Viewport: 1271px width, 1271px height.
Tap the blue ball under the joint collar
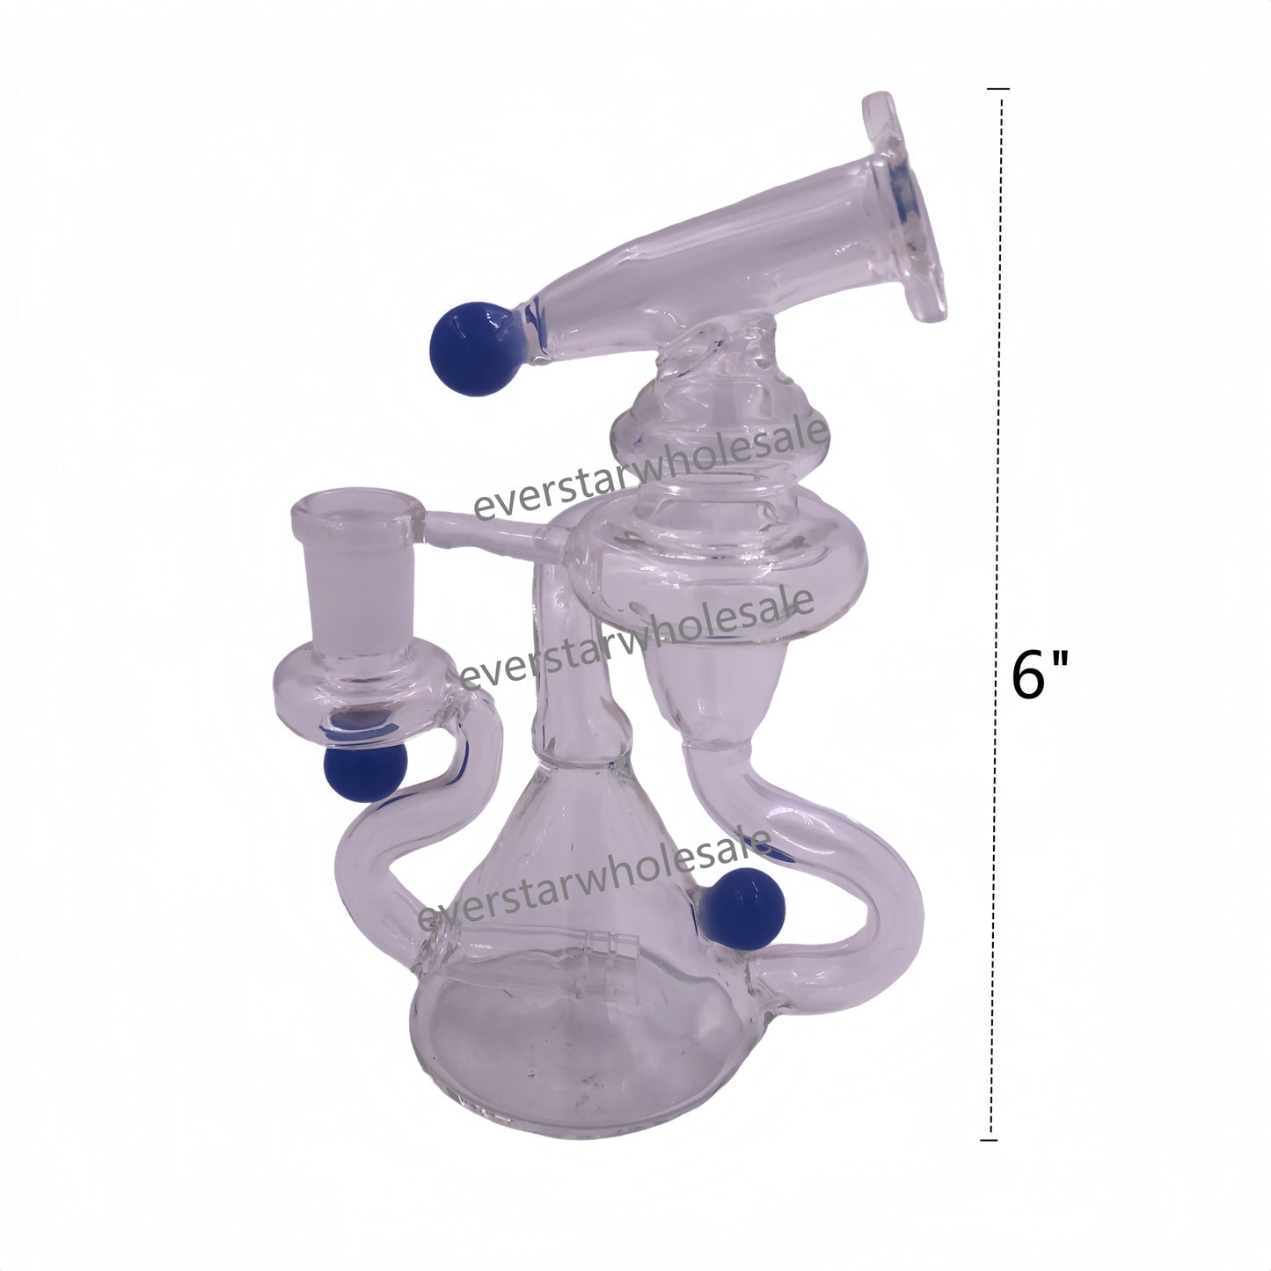[355, 771]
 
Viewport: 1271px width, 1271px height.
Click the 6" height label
[1040, 676]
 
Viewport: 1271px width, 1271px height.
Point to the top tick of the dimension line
[998, 89]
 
